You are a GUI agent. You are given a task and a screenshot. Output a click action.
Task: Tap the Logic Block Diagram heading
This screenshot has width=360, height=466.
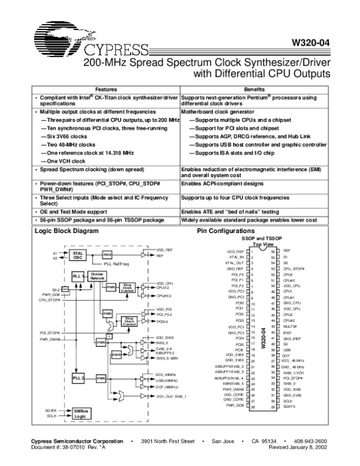[x=66, y=231]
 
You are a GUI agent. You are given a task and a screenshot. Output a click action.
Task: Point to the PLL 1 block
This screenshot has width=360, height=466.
[x=77, y=275]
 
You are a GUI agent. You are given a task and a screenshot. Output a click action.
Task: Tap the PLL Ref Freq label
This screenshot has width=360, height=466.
[x=116, y=263]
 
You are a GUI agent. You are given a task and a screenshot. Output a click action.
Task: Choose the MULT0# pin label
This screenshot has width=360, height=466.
[x=291, y=326]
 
